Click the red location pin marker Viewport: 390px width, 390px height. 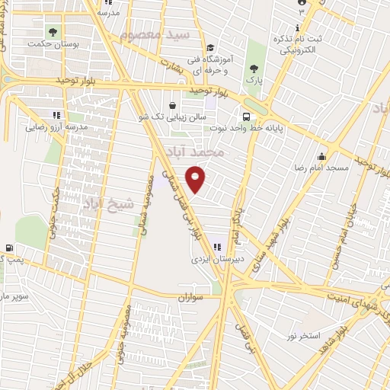[196, 179]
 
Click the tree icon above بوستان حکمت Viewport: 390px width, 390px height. [53, 32]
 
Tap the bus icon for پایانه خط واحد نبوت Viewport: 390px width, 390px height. [246, 117]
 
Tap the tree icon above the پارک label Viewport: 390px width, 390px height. [254, 68]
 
